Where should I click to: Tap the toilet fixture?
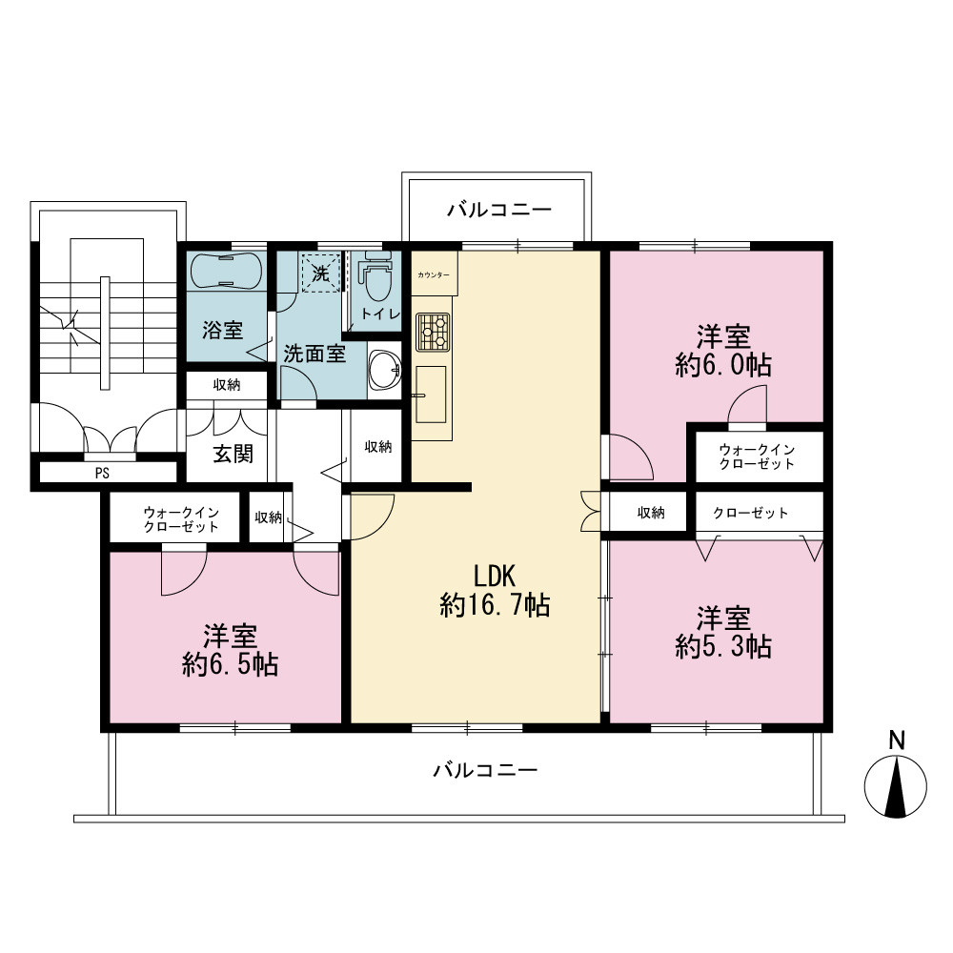coord(375,276)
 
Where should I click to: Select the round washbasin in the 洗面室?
coord(385,369)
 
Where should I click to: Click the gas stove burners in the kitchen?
coord(434,332)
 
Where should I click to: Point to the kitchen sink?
coord(431,395)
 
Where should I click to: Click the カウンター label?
coord(434,275)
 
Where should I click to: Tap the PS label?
coord(102,473)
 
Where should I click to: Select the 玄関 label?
coord(233,454)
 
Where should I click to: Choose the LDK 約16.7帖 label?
coord(495,590)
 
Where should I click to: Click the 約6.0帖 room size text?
coord(723,365)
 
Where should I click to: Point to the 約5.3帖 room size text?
coord(723,646)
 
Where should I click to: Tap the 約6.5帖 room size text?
coord(231,664)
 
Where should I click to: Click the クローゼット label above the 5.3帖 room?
coord(751,513)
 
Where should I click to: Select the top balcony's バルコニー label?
coord(499,211)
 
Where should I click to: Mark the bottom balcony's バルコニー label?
coord(485,771)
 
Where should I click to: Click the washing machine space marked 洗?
coord(320,273)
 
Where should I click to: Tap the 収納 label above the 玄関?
coord(227,385)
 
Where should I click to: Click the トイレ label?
coord(380,314)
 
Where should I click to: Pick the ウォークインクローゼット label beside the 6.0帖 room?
coord(757,456)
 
